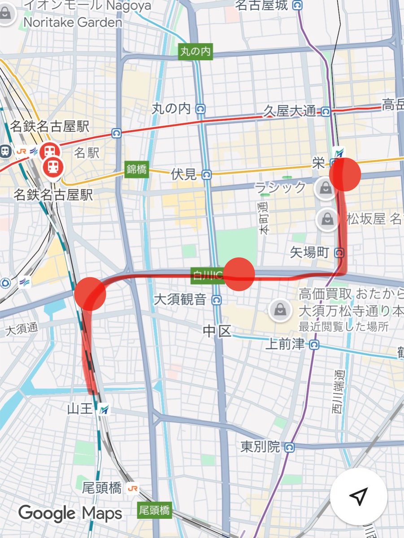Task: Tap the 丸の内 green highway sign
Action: coord(195,52)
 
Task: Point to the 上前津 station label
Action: coord(286,345)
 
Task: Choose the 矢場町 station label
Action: coord(309,253)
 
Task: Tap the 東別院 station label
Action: coord(260,447)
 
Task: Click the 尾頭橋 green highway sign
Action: coord(154,510)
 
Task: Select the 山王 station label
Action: coord(81,409)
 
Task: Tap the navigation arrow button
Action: coord(358,496)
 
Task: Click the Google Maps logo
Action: coord(70,513)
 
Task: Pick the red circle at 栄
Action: coord(345,175)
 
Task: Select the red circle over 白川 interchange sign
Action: coord(239,274)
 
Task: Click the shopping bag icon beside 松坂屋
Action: coord(328,219)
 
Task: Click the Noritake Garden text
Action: coord(73,22)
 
